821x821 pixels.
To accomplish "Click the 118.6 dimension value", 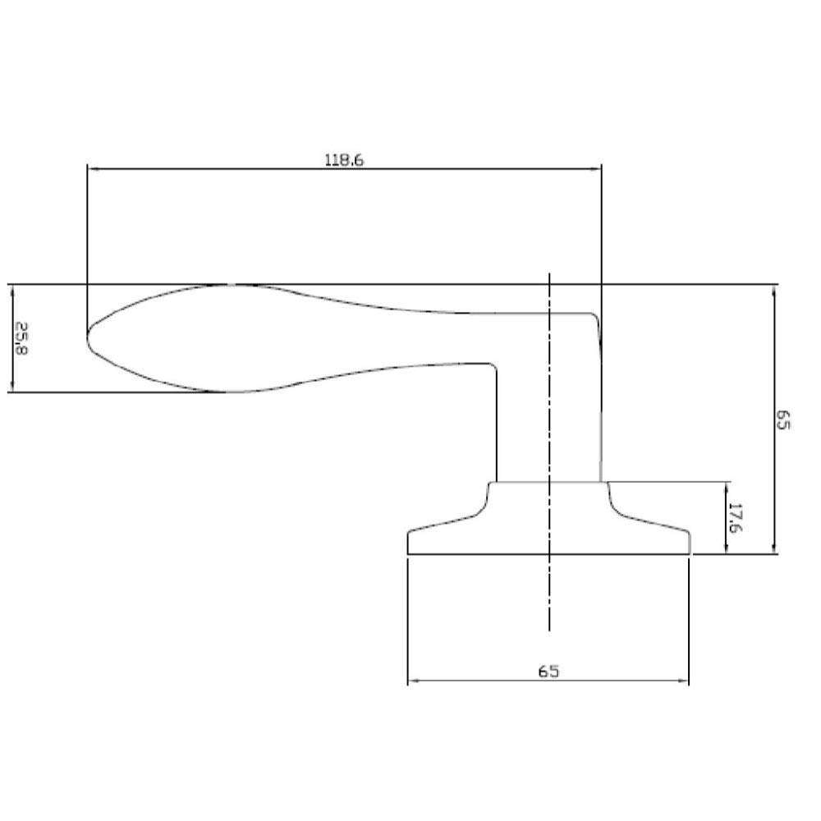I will (x=343, y=160).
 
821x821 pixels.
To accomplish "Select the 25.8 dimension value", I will (x=22, y=337).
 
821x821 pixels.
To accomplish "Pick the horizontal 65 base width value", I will (x=548, y=671).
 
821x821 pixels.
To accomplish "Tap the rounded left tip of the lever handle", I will (x=89, y=337).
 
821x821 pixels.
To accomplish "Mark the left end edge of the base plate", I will (x=409, y=544).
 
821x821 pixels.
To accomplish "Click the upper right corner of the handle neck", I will (x=596, y=316).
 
